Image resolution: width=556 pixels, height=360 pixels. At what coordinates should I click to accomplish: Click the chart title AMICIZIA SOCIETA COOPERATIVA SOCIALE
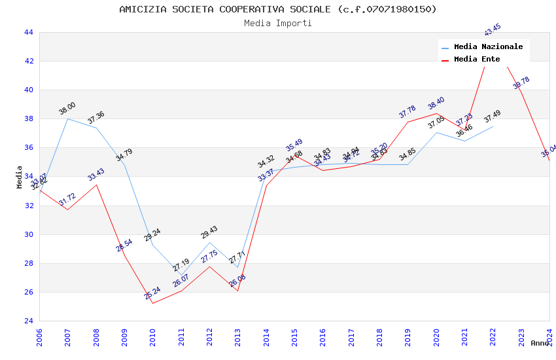278,9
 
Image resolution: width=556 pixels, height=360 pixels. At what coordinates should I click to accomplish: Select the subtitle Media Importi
278,23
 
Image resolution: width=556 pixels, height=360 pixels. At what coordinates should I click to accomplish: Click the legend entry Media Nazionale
488,47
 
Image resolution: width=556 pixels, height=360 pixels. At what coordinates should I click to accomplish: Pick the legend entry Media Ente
477,60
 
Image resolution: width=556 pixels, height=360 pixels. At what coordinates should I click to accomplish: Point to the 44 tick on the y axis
29,32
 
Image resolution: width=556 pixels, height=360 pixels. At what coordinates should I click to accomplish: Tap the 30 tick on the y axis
29,234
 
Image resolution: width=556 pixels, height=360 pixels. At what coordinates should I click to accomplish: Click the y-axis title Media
20,177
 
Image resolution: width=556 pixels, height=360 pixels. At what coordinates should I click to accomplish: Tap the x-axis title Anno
540,343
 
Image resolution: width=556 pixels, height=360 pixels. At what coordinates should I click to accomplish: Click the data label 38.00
67,109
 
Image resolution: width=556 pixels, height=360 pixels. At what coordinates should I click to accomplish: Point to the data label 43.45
493,29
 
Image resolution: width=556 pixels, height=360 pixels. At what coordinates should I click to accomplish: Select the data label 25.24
152,293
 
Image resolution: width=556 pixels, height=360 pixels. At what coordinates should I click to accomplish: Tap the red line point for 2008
96,185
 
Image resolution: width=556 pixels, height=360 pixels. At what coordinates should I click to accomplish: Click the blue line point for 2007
67,118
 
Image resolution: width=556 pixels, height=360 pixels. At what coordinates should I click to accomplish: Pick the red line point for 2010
152,303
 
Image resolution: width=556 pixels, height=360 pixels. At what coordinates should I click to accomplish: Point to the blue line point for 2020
436,132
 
